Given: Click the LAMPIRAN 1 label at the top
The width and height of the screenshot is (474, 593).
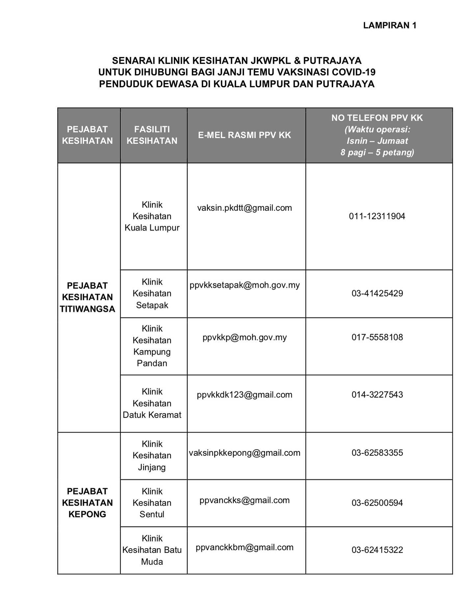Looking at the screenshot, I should click(x=390, y=25).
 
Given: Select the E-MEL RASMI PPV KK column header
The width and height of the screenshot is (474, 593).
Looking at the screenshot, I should click(x=245, y=135).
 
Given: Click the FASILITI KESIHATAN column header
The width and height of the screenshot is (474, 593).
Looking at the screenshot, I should click(x=152, y=135).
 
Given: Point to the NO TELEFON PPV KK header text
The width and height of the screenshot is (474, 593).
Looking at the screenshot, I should click(x=377, y=118).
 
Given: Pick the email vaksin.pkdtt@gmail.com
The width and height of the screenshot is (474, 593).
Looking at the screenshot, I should click(x=245, y=208).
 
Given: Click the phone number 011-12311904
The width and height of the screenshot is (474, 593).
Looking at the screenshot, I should click(x=377, y=216).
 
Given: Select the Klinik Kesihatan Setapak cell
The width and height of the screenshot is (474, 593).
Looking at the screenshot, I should click(x=152, y=294).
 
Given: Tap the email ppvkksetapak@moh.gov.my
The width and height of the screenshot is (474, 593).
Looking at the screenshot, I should click(x=245, y=285).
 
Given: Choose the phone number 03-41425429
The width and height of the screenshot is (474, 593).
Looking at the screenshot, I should click(x=377, y=293).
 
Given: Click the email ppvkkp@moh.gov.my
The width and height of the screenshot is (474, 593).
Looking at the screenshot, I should click(x=245, y=337).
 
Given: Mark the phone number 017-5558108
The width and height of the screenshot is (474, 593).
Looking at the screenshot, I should click(x=377, y=337).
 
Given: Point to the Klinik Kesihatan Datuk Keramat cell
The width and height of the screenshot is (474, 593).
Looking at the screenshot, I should click(x=152, y=403).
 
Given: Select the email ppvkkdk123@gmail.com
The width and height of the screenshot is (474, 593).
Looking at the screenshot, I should click(x=245, y=395).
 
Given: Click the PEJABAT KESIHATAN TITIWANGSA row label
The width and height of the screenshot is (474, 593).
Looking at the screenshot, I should click(x=87, y=297).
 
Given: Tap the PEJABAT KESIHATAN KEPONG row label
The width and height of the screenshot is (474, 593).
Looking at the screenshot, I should click(x=87, y=503).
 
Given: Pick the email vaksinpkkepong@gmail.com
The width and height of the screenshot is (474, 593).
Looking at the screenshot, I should click(x=245, y=453).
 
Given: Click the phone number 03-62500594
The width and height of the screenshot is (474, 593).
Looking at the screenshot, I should click(x=377, y=503).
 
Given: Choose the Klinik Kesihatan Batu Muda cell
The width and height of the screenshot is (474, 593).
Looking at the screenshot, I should click(x=152, y=550).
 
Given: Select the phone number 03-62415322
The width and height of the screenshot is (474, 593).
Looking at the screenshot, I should click(x=377, y=550).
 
